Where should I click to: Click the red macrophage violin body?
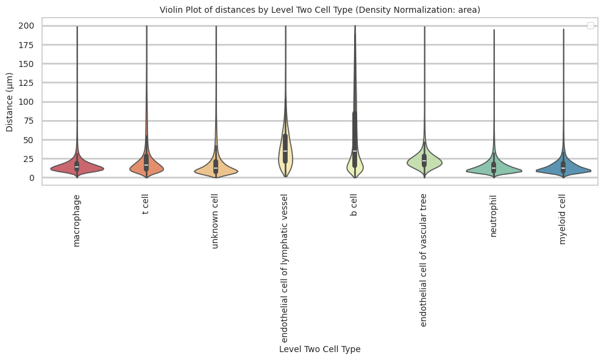click(x=67, y=168)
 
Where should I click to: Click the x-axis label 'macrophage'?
click(x=76, y=221)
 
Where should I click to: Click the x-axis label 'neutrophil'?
click(x=493, y=216)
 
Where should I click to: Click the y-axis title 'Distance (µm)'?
click(x=10, y=102)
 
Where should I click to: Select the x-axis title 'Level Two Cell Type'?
click(x=319, y=349)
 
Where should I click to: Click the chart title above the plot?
click(x=319, y=10)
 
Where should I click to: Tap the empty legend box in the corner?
click(x=589, y=25)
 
